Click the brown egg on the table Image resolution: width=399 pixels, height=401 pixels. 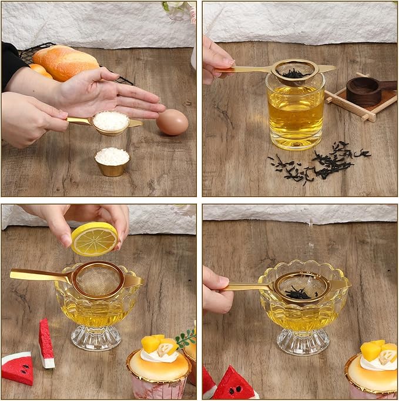(172, 122)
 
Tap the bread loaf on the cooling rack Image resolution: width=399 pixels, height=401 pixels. (65, 62)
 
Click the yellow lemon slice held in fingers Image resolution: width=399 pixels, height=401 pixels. (94, 239)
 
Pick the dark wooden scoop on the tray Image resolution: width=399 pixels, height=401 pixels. (366, 91)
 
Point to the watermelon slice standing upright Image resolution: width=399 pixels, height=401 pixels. (46, 343)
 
